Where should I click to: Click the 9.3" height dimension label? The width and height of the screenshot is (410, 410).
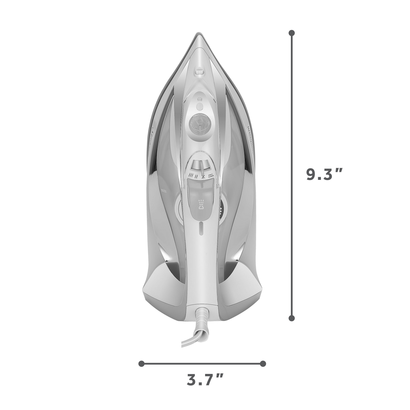click(x=324, y=174)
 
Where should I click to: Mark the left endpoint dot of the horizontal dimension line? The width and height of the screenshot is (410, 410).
click(x=141, y=364)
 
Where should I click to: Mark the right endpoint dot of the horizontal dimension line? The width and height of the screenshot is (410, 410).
click(x=263, y=364)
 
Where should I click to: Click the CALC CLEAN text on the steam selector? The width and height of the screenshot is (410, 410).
click(x=211, y=176)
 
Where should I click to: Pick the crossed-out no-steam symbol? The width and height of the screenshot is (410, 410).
click(x=203, y=177)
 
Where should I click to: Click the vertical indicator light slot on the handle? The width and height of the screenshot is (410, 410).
click(x=201, y=229)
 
